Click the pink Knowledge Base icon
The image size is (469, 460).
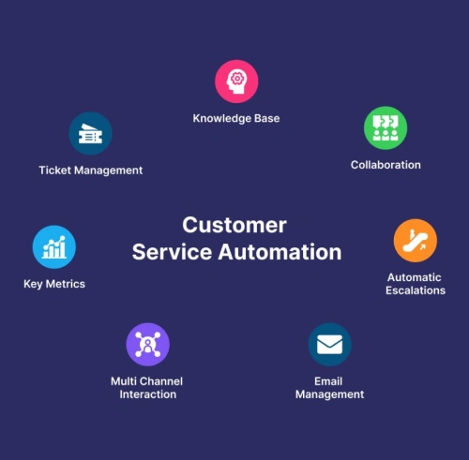(x=236, y=82)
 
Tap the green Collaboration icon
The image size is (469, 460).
(x=386, y=127)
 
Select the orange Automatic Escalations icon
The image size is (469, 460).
(x=416, y=241)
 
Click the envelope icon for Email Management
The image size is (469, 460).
(x=329, y=345)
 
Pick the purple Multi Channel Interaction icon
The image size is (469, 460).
(x=148, y=345)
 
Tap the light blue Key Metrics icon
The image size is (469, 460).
(x=54, y=247)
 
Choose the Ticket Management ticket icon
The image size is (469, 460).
(x=90, y=134)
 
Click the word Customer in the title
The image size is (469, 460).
(x=234, y=225)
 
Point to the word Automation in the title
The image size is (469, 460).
(x=280, y=252)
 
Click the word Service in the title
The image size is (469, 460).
(x=172, y=252)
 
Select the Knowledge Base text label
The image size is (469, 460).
(x=236, y=118)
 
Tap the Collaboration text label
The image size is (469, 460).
(x=386, y=165)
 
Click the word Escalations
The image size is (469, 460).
(x=416, y=290)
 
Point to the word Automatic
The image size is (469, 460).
(x=415, y=277)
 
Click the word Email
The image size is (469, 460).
(x=328, y=381)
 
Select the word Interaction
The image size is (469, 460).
(x=148, y=394)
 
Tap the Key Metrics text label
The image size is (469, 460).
(x=54, y=284)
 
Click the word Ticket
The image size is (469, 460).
(x=55, y=171)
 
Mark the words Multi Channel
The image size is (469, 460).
(x=146, y=381)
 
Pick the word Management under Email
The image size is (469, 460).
(x=330, y=394)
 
